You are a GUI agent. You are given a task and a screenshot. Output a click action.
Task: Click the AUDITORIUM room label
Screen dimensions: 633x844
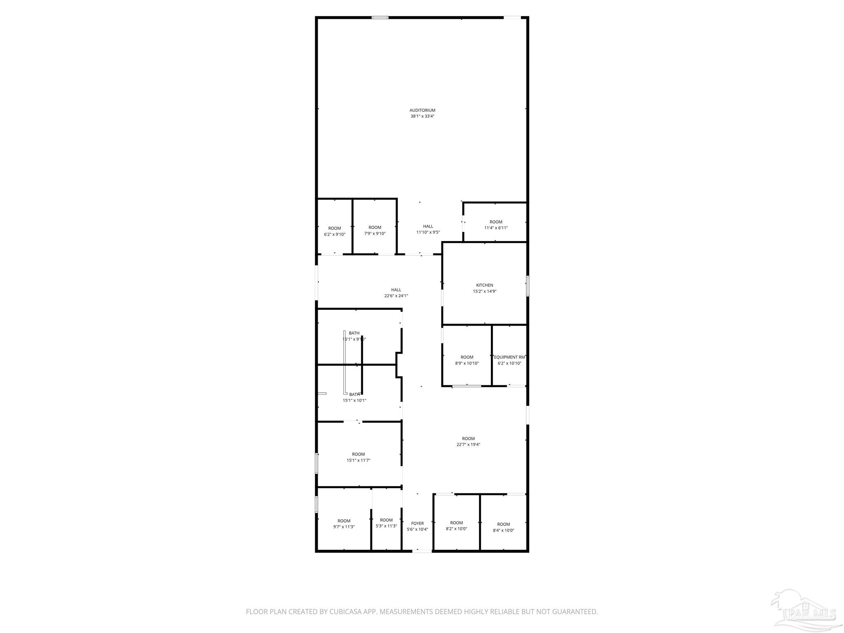point(422,110)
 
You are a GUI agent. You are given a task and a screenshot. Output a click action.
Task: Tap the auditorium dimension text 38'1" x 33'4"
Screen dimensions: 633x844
point(422,116)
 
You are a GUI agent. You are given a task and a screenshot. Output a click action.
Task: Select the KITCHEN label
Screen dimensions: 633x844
point(484,285)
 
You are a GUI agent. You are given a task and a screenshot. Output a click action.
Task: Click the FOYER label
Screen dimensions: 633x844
point(417,523)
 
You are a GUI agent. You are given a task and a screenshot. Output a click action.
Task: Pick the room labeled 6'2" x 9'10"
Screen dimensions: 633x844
point(334,231)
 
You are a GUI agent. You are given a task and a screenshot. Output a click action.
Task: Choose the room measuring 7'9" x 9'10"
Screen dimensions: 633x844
point(375,230)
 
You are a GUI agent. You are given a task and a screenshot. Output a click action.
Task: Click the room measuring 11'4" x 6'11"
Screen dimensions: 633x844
point(496,225)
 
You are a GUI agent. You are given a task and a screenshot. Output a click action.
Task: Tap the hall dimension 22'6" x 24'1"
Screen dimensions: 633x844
point(396,295)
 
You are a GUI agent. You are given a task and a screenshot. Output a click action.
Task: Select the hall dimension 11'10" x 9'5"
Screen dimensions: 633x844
point(428,232)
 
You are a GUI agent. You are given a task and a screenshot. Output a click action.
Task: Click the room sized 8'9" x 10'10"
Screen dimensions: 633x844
point(467,360)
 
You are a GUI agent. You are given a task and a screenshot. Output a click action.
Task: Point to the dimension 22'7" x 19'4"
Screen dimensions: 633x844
point(468,445)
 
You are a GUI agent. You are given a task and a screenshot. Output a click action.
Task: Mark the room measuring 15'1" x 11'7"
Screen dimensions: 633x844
point(358,457)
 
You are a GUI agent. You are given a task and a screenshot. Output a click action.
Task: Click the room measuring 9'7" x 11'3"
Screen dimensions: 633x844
point(344,524)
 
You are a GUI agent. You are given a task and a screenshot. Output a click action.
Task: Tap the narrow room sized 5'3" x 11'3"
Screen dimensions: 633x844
point(386,523)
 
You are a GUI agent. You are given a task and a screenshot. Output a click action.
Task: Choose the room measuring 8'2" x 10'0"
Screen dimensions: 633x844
point(456,525)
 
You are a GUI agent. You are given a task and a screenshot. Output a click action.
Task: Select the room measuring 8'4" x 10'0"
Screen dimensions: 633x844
point(503,527)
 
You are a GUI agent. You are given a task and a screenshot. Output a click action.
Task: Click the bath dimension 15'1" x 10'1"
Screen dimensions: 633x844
point(354,400)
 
